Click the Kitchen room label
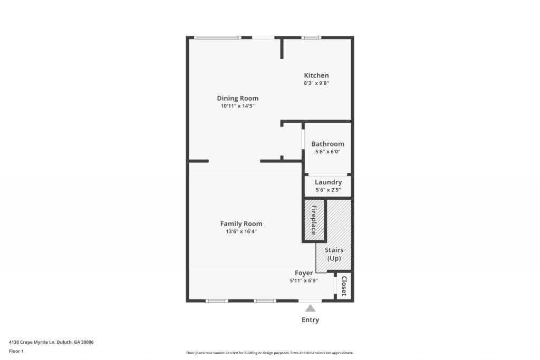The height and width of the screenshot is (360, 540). point(316,75)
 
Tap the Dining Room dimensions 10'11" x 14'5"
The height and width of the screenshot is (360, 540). point(237,106)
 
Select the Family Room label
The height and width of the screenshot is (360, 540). point(241,223)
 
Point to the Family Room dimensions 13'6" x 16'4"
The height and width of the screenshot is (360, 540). point(241,231)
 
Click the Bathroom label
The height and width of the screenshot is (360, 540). point(327,144)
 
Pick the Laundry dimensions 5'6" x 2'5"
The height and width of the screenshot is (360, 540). point(328,190)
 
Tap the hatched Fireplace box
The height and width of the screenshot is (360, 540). point(313,220)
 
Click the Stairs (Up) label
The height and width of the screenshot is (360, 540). point(334,254)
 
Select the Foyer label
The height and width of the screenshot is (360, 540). point(303,273)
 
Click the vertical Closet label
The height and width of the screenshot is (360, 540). point(344,286)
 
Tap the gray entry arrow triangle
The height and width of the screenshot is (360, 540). point(311,308)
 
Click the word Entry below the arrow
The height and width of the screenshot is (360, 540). point(310,320)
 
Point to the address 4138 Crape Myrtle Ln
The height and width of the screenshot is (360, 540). point(51,342)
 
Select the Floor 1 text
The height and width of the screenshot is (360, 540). point(16,351)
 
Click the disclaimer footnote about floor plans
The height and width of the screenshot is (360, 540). point(269,353)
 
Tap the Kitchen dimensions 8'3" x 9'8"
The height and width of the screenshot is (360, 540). point(316,83)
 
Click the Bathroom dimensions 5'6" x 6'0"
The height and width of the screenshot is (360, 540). point(327,152)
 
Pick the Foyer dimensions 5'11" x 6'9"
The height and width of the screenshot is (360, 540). point(303,281)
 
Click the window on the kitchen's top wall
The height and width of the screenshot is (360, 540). point(311,37)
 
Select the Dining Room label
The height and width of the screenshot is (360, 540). point(237,98)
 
